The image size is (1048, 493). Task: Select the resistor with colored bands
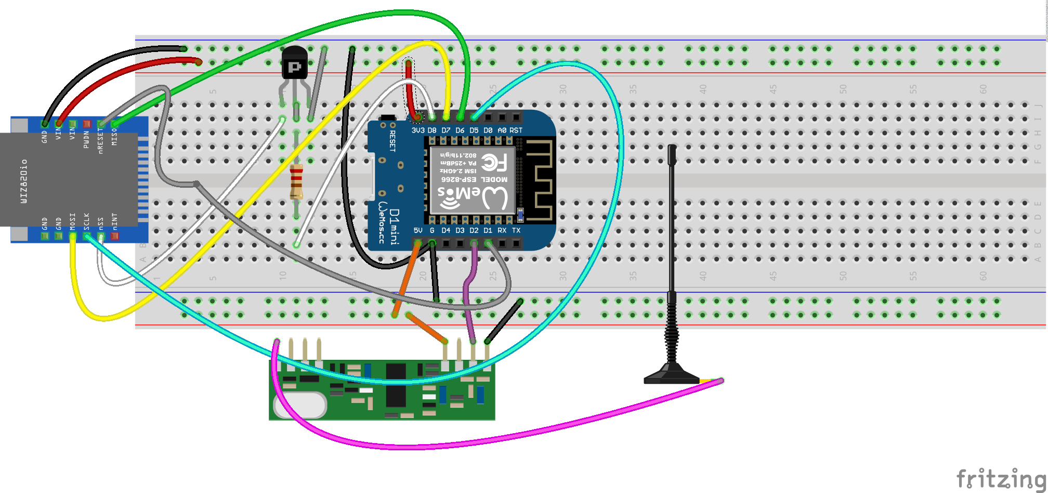coord(296,181)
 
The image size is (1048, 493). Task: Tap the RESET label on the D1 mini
coord(392,141)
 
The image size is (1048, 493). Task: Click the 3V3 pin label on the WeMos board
coord(418,130)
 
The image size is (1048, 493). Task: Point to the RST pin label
coord(516,130)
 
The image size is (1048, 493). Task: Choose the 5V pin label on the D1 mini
coord(418,230)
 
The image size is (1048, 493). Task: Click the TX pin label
coord(516,230)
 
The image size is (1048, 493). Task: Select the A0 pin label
coord(502,130)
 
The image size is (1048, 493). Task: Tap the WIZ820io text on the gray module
coord(24,181)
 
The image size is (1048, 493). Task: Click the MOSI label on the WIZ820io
coord(72,220)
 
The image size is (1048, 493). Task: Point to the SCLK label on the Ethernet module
coord(86,220)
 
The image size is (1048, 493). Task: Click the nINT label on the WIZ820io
coord(114,220)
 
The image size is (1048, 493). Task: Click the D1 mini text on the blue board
coord(395,227)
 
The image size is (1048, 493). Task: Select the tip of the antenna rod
coord(672,148)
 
